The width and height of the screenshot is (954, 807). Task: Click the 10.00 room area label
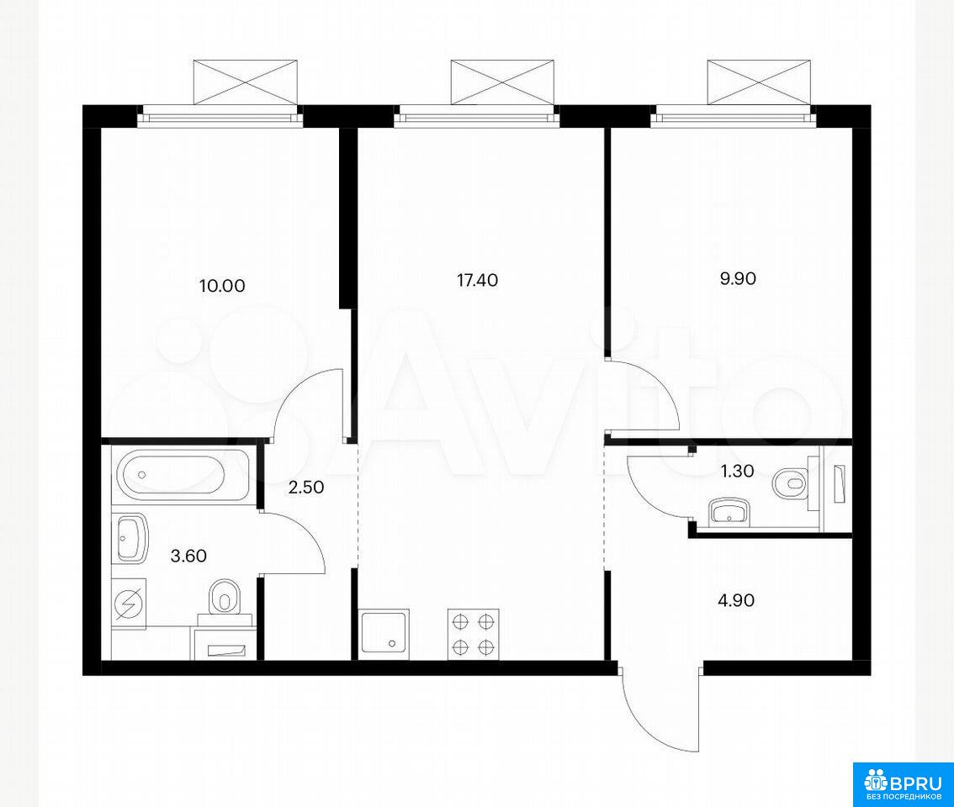click(x=222, y=285)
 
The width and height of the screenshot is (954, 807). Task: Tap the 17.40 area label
click(x=477, y=280)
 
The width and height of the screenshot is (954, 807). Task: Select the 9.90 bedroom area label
click(x=738, y=278)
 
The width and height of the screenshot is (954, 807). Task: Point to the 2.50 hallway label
click(x=305, y=487)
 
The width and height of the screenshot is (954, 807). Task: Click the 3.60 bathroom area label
click(x=188, y=556)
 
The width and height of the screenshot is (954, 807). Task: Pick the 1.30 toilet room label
click(x=737, y=471)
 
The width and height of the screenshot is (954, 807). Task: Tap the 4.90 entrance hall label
click(x=736, y=600)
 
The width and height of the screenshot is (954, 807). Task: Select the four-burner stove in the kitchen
click(x=474, y=635)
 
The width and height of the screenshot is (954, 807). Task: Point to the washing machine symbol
click(x=129, y=604)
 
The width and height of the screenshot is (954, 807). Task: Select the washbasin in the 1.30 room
click(x=729, y=511)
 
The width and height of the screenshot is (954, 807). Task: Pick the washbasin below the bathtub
click(x=130, y=538)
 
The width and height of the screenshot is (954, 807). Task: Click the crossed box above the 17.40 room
click(x=502, y=82)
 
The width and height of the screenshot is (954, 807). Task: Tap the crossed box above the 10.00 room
click(x=246, y=82)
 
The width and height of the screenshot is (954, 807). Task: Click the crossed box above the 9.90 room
click(x=759, y=82)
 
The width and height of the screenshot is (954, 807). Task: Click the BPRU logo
click(x=903, y=784)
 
